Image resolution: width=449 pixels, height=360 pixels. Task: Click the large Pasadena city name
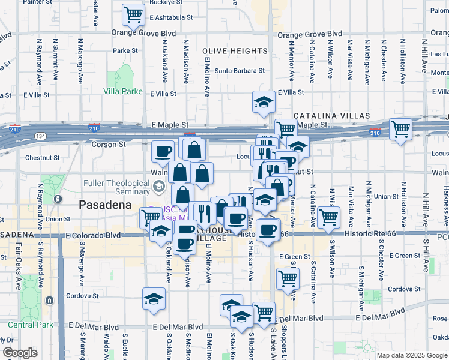(105, 205)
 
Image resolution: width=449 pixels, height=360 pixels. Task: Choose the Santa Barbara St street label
(240, 71)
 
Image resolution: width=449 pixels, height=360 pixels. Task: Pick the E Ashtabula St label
(168, 18)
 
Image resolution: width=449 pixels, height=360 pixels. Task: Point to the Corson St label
(108, 145)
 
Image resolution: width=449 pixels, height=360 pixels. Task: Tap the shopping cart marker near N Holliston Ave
(400, 128)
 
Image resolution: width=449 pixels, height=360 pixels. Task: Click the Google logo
(20, 353)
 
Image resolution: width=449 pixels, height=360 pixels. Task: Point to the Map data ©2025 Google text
(412, 355)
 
